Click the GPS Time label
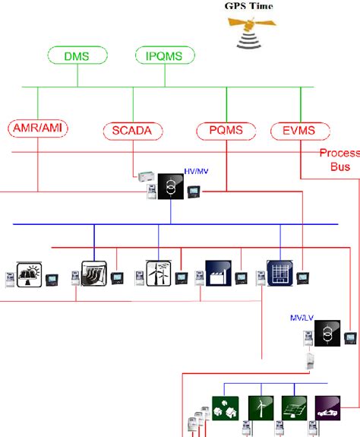(248, 6)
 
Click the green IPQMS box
(165, 55)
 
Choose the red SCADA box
(134, 130)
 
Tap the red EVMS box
(300, 130)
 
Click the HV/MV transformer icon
(172, 189)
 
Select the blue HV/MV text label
(195, 173)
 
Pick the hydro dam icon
(93, 274)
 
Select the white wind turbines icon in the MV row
(155, 274)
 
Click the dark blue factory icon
(217, 274)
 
